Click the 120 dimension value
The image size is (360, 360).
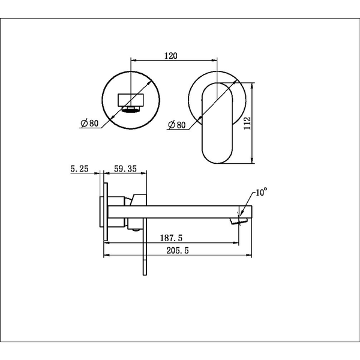171,56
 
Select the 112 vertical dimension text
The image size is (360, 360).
247,123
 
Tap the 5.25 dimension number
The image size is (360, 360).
79,169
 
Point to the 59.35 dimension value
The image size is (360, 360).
125,169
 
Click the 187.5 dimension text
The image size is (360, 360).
171,238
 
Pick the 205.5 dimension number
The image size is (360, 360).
178,250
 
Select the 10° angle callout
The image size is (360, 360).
261,192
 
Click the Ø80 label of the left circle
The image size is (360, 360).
89,123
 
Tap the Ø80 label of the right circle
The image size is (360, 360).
176,125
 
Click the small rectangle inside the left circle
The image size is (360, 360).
131,100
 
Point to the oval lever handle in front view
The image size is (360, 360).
217,123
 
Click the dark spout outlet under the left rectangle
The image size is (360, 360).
131,110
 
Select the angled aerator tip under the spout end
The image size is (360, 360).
239,221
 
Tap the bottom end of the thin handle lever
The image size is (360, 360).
145,275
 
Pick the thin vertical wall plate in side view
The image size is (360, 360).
106,212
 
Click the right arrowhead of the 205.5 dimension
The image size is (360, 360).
249,255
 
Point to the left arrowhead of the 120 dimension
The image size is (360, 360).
134,61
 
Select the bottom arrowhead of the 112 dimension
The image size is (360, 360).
252,160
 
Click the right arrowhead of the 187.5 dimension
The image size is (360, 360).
236,242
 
